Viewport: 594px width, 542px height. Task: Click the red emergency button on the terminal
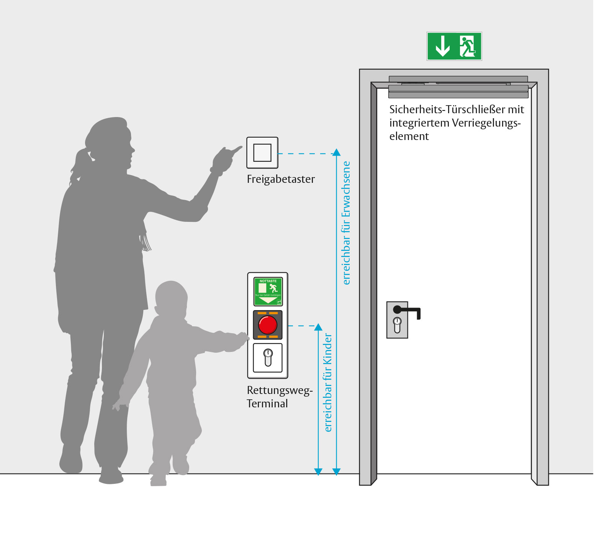click(267, 325)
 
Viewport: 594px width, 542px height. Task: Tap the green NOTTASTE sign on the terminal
click(268, 291)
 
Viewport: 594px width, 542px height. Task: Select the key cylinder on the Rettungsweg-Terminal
click(268, 357)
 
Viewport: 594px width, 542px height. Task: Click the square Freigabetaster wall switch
click(262, 153)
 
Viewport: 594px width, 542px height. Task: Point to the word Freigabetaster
click(281, 179)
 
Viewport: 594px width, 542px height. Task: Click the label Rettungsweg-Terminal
click(279, 397)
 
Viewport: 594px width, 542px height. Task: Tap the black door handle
click(407, 310)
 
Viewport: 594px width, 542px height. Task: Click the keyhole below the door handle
click(397, 324)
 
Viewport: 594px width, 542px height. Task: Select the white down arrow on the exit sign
click(443, 46)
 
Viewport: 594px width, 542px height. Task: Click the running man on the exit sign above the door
click(467, 46)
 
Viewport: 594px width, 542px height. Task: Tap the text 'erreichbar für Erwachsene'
click(346, 223)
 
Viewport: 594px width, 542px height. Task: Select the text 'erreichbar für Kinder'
click(328, 382)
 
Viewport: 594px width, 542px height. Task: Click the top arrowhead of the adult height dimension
click(336, 152)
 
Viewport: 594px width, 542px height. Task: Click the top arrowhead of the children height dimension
click(318, 327)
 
